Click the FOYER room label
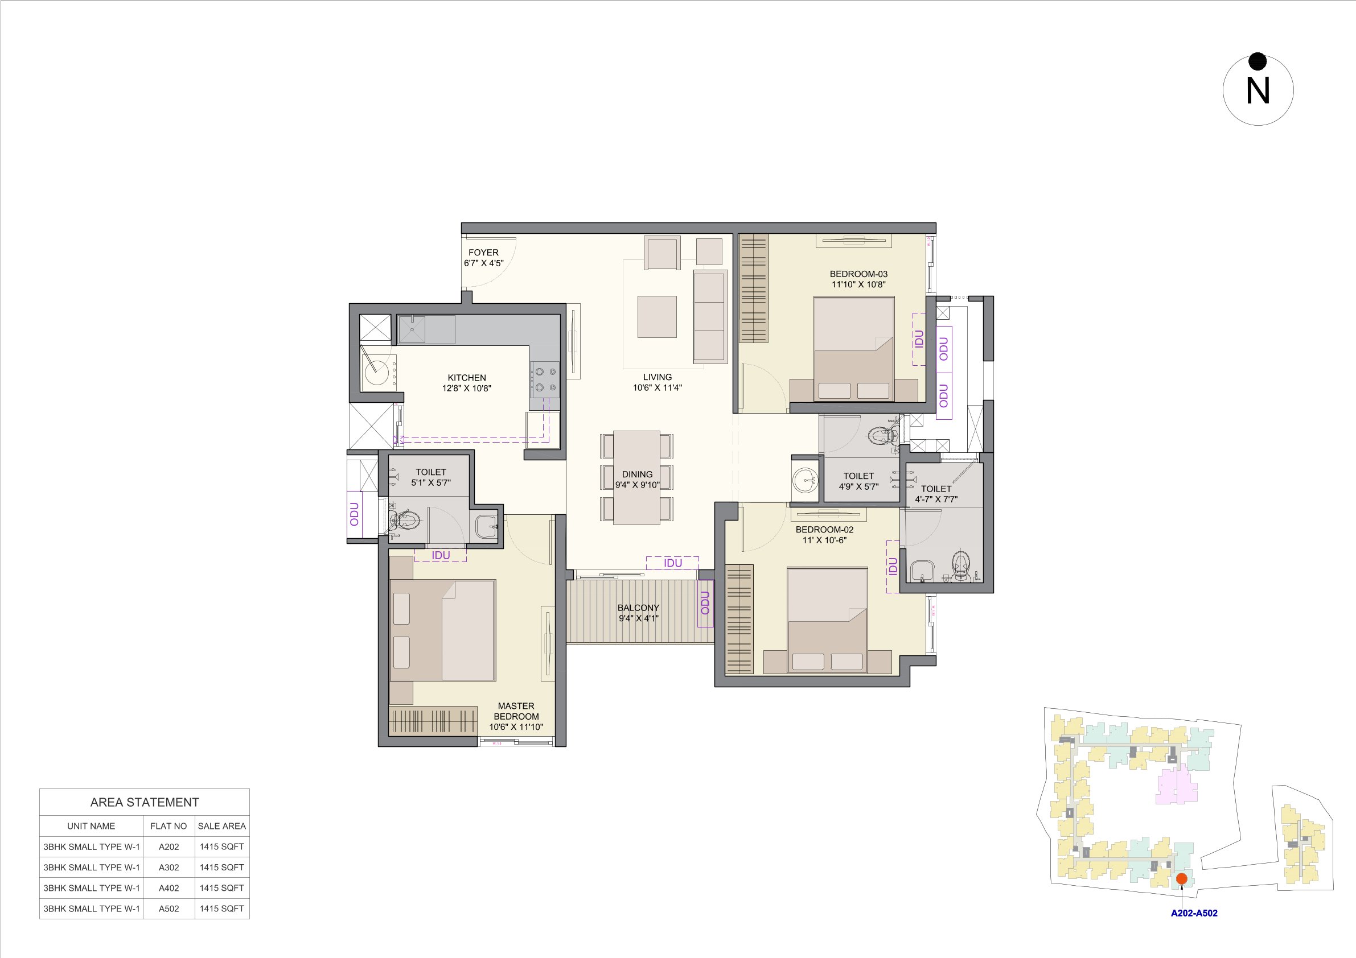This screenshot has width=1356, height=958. (x=483, y=253)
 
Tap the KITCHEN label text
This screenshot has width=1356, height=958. (x=467, y=378)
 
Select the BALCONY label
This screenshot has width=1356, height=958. (x=638, y=608)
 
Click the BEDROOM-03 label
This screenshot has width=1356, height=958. (x=858, y=274)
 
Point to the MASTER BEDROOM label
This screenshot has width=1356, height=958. (x=516, y=711)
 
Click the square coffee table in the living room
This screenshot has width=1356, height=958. (x=657, y=316)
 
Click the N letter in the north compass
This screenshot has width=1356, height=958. (x=1258, y=92)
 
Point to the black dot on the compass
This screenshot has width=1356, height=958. (x=1258, y=61)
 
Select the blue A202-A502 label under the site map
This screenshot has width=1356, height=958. (x=1194, y=913)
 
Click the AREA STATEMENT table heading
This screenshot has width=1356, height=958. (x=145, y=802)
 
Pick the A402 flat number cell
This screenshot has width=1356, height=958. (x=169, y=888)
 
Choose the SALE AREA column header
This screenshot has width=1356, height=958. (x=221, y=826)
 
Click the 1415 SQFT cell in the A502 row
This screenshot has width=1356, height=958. (x=221, y=909)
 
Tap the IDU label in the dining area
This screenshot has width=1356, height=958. (x=673, y=563)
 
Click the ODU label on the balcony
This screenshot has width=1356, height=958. (x=705, y=603)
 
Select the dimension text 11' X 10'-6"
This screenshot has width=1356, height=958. (x=824, y=540)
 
